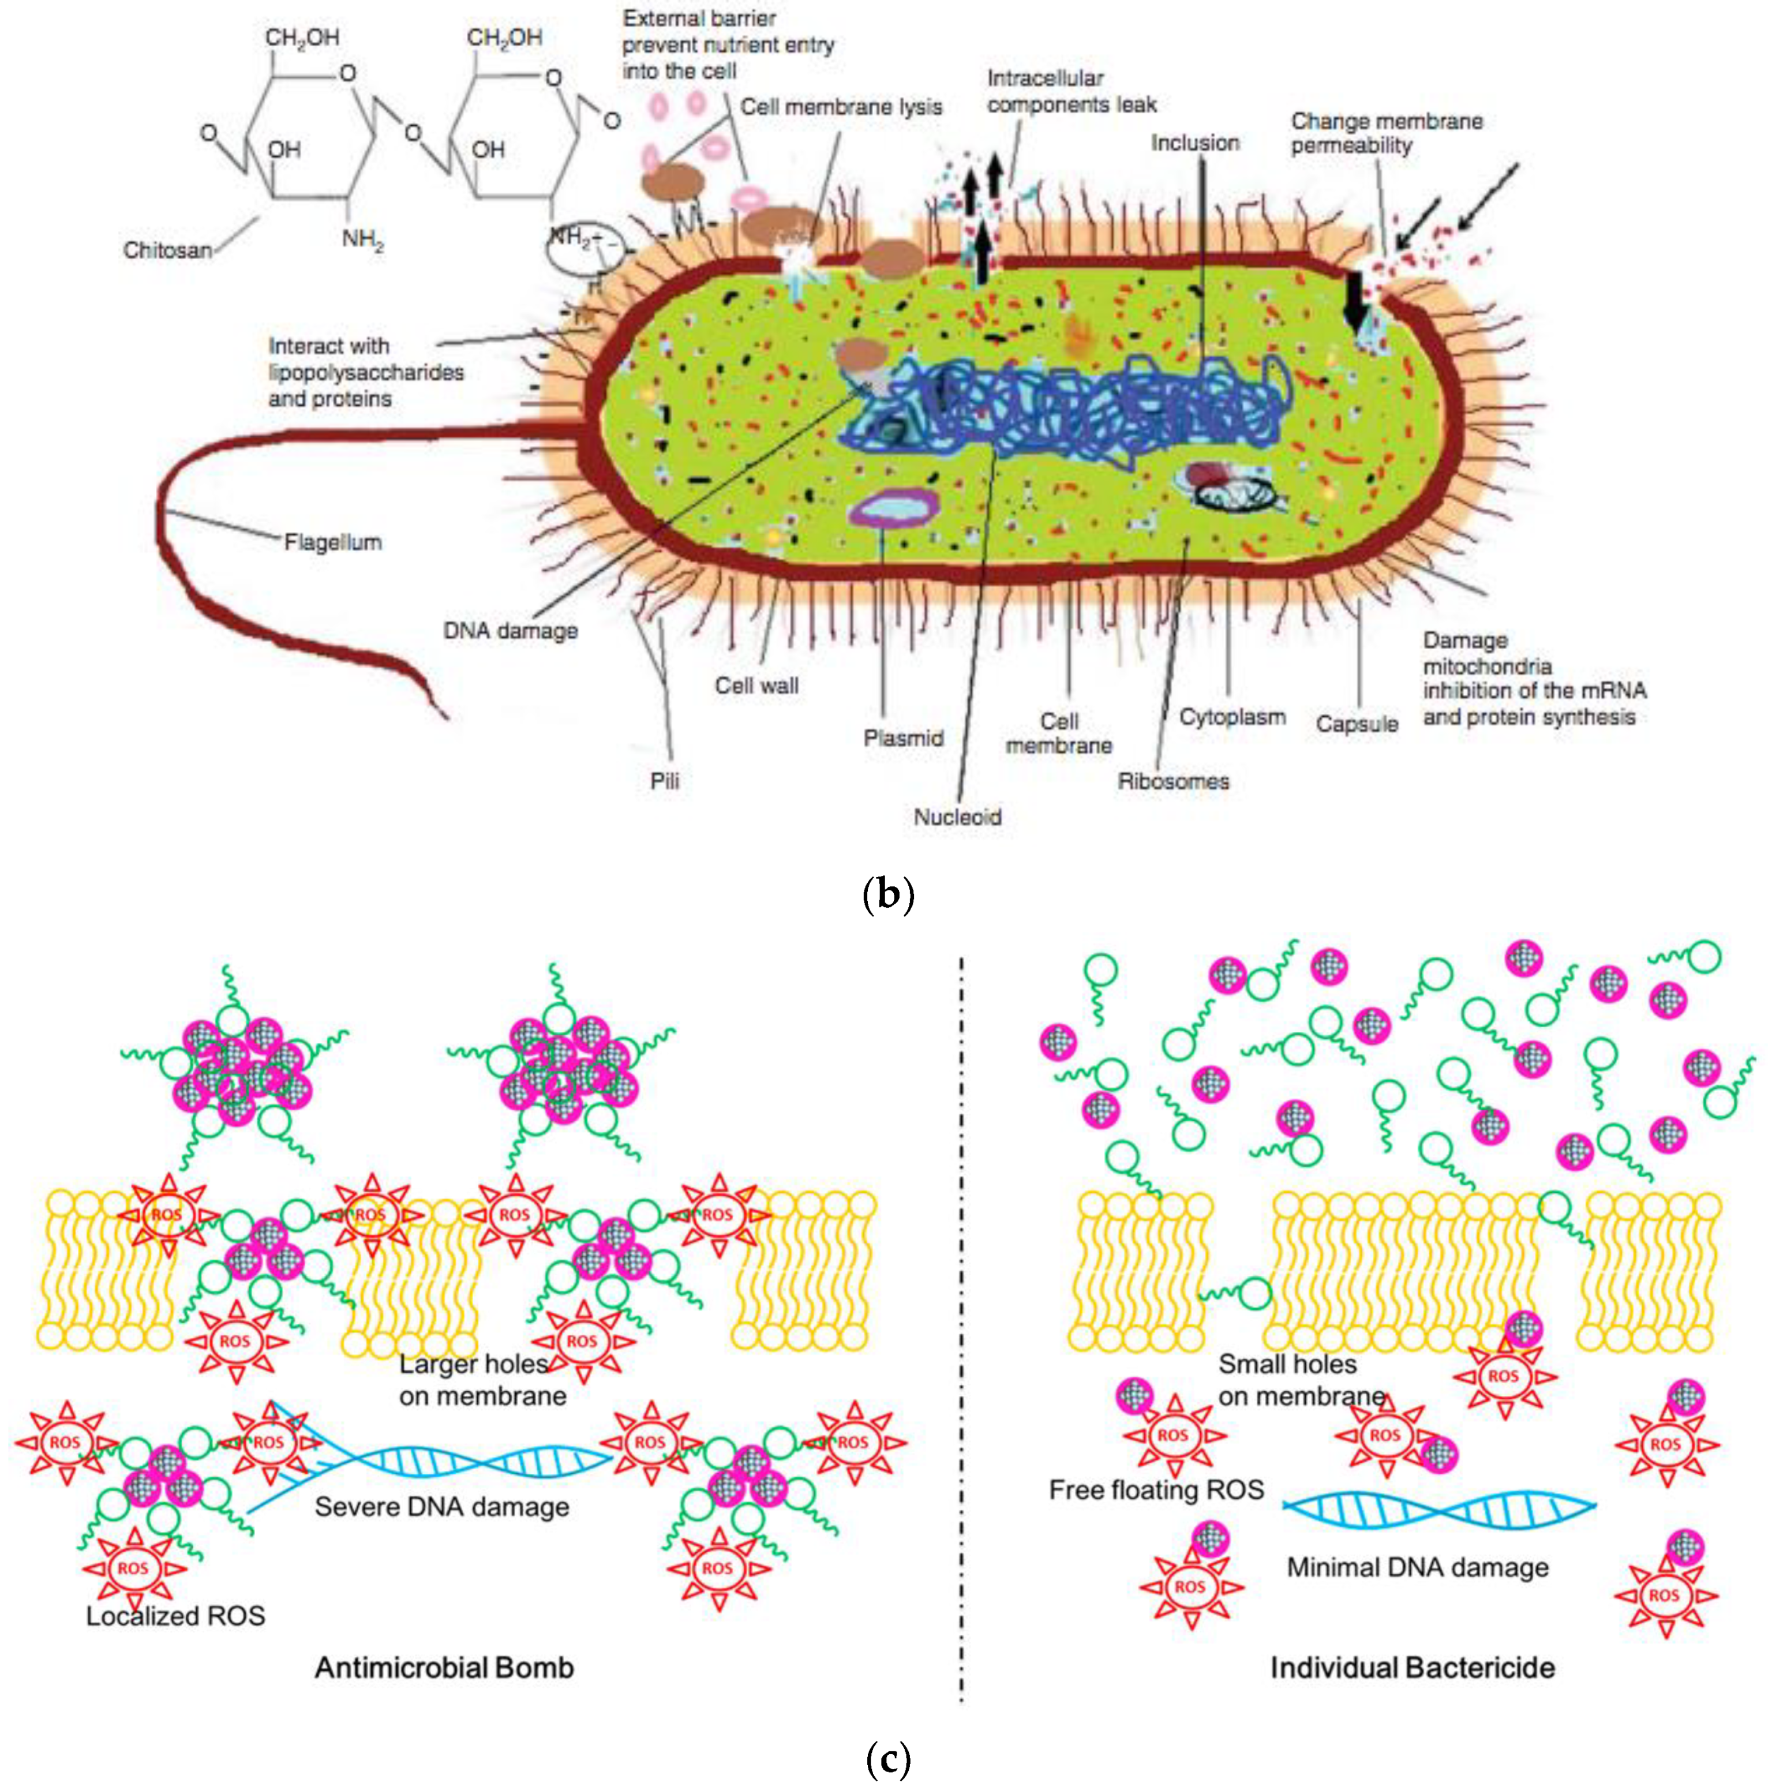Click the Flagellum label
pos(332,542)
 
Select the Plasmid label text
pos(903,739)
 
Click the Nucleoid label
pos(957,817)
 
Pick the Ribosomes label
pos(1172,781)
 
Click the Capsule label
pos(1357,724)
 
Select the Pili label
pos(664,781)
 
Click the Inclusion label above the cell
pos(1195,143)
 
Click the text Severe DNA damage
pos(442,1507)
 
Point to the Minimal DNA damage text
pos(1417,1568)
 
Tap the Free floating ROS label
pos(1156,1490)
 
